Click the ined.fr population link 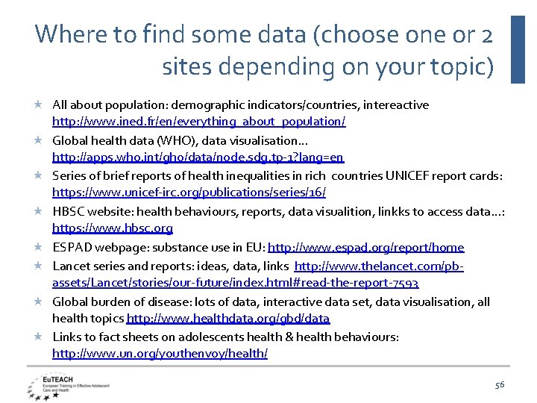pyautogui.click(x=198, y=121)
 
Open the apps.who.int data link pyautogui.click(x=198, y=157)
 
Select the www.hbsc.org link pyautogui.click(x=113, y=228)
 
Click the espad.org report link pyautogui.click(x=365, y=247)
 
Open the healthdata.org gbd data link pyautogui.click(x=228, y=319)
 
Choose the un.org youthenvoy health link pyautogui.click(x=160, y=353)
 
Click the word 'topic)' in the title pyautogui.click(x=463, y=67)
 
